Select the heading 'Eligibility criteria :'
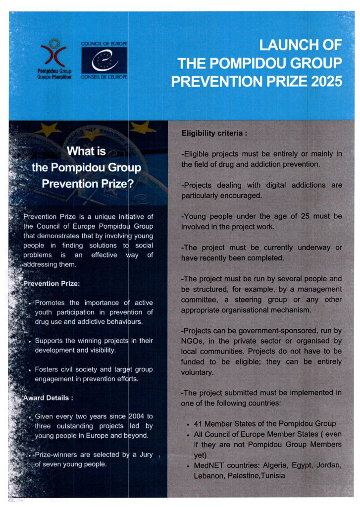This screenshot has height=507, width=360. [x=214, y=133]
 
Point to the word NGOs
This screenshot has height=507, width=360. [x=192, y=341]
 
